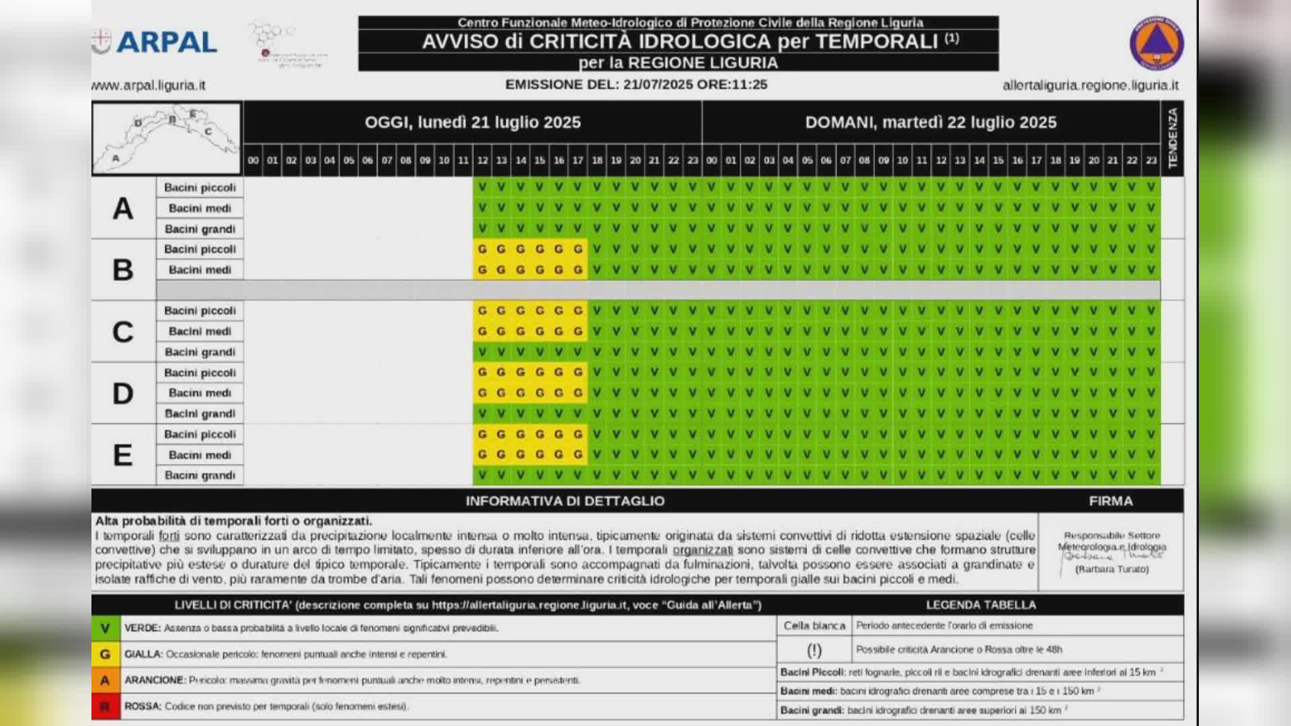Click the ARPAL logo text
166,42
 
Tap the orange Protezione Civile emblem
1156,42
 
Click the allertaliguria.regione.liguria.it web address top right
1090,85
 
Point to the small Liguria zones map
166,138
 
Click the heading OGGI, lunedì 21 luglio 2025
472,122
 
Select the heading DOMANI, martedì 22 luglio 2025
931,122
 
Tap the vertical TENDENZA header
1173,138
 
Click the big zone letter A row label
123,208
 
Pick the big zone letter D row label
123,393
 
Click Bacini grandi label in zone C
200,352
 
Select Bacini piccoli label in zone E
200,434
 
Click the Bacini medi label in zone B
200,270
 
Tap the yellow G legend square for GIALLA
106,654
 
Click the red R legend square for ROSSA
106,707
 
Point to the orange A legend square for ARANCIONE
106,680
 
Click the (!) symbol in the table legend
814,650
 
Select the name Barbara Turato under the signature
1112,569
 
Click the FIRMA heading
1111,501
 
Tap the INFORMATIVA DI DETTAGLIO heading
565,501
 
